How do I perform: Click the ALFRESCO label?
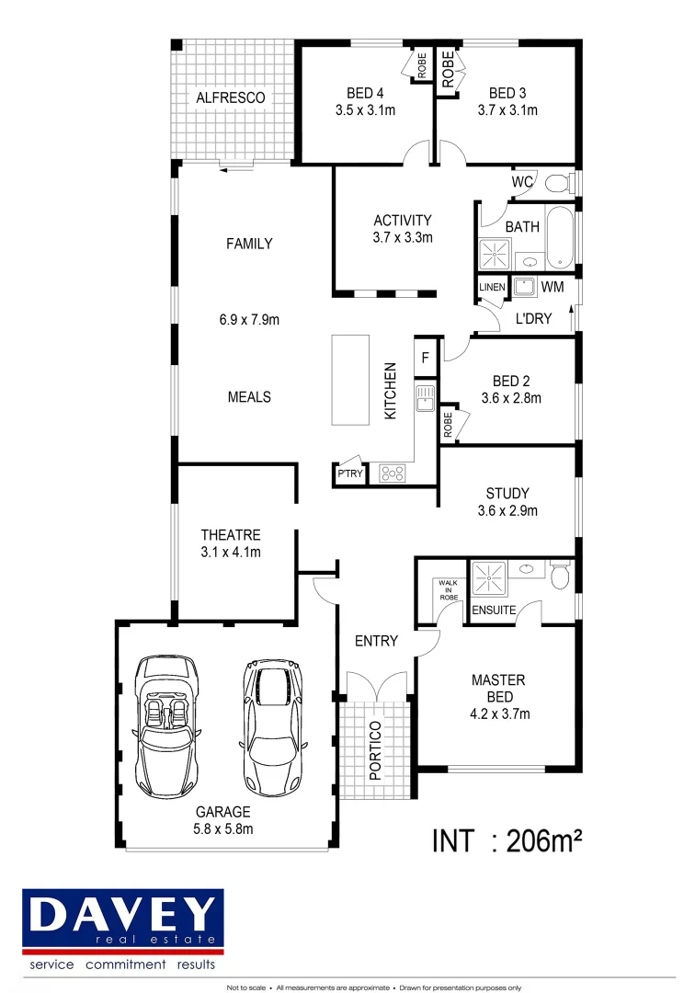point(230,97)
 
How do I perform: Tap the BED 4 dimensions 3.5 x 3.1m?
point(364,110)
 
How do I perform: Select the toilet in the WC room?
point(557,184)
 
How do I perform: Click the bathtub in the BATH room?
point(559,238)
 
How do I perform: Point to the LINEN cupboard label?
point(491,288)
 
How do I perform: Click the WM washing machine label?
point(552,287)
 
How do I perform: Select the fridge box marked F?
point(425,357)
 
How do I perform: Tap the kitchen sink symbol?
point(424,397)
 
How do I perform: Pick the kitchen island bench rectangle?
point(349,380)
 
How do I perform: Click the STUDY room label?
point(507,494)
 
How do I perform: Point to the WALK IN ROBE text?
point(448,589)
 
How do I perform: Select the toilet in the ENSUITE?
point(560,576)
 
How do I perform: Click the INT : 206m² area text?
point(508,840)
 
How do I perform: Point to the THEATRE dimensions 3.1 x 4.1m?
point(231,553)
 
